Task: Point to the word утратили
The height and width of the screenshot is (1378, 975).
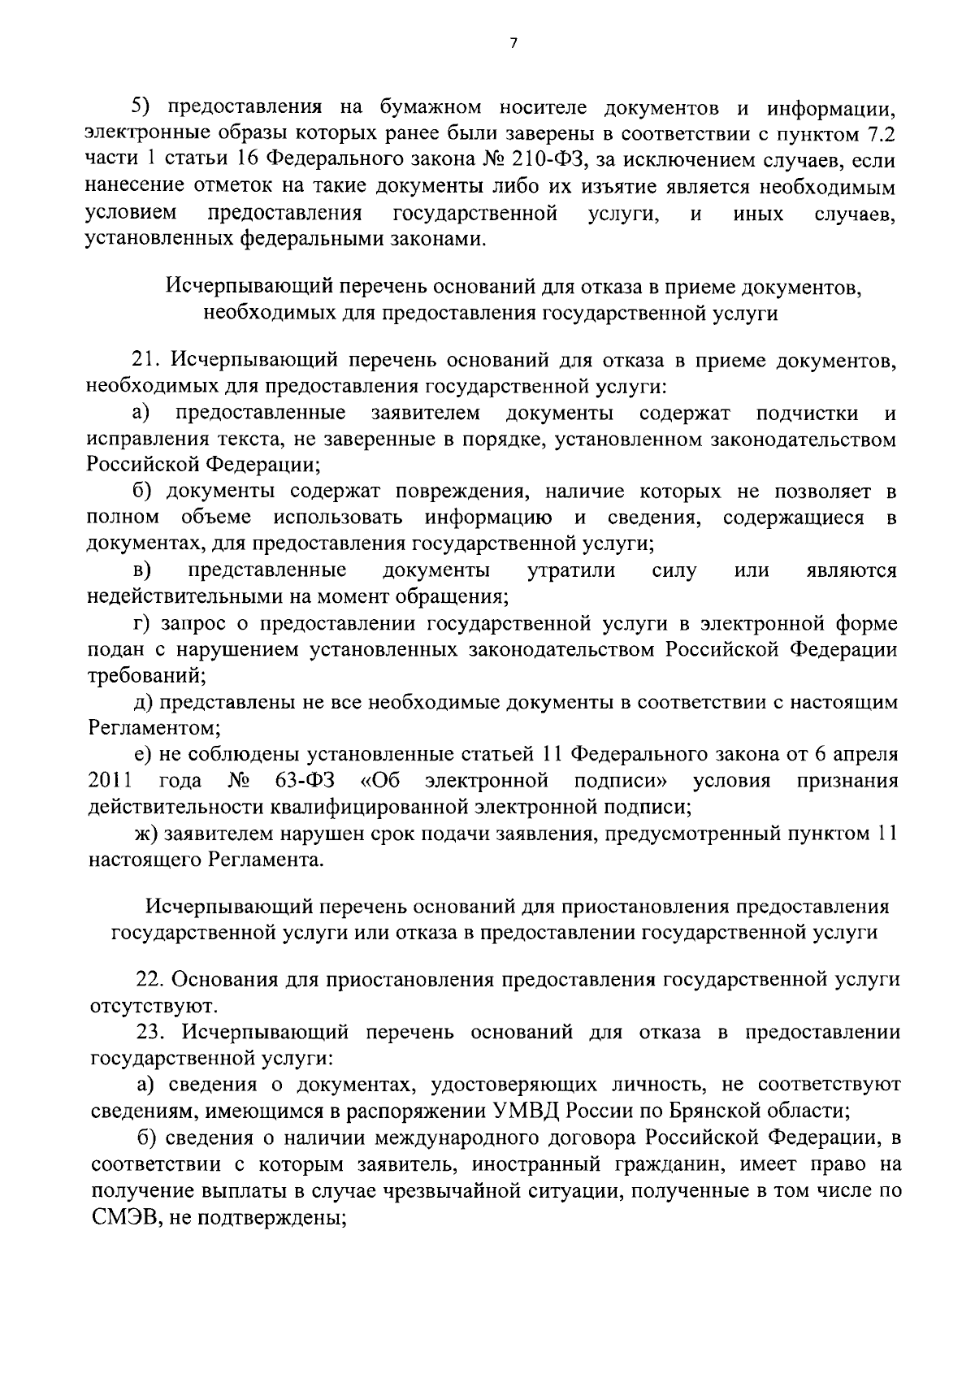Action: coord(571,570)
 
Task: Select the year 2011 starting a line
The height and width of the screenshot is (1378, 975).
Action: coord(110,782)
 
